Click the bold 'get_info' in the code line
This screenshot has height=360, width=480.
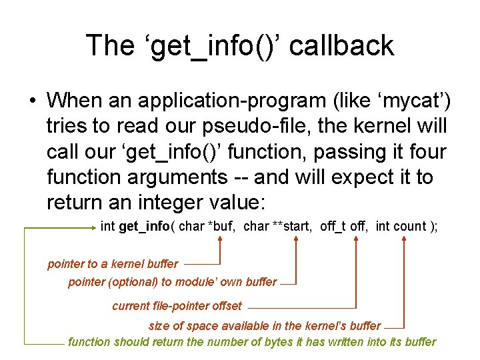[x=144, y=227]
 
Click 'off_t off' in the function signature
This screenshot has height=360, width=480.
[x=343, y=227]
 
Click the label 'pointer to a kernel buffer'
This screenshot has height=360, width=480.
[x=113, y=264]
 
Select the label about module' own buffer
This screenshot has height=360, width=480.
[x=172, y=282]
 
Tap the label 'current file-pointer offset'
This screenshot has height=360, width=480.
[x=177, y=307]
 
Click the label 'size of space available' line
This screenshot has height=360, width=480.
[x=264, y=326]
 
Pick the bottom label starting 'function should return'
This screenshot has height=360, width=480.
[x=252, y=342]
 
